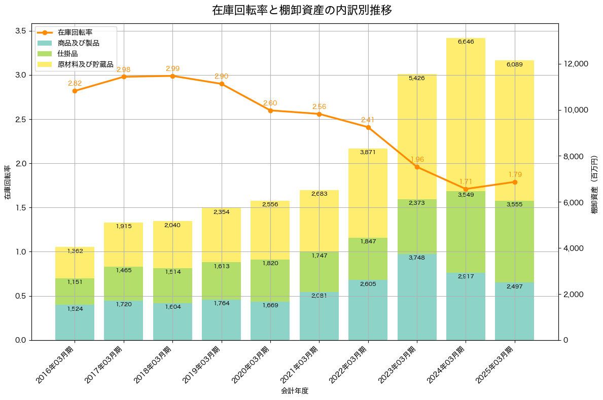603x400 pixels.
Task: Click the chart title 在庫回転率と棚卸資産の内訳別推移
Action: tap(302, 10)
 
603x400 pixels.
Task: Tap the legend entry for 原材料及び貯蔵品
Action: tap(85, 64)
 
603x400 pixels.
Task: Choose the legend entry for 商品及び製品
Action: tap(78, 43)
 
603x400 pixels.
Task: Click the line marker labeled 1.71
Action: tap(466, 189)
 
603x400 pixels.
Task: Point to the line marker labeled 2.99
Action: tap(172, 76)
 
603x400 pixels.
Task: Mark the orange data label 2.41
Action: tap(368, 120)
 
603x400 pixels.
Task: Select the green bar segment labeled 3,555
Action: tap(514, 242)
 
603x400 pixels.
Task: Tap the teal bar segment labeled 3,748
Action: tap(417, 297)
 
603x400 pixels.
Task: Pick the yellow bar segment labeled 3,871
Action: tap(368, 193)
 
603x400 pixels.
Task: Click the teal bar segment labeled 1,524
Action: tap(75, 322)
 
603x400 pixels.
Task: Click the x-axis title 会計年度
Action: tap(295, 391)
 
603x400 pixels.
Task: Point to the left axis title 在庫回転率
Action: tap(7, 183)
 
